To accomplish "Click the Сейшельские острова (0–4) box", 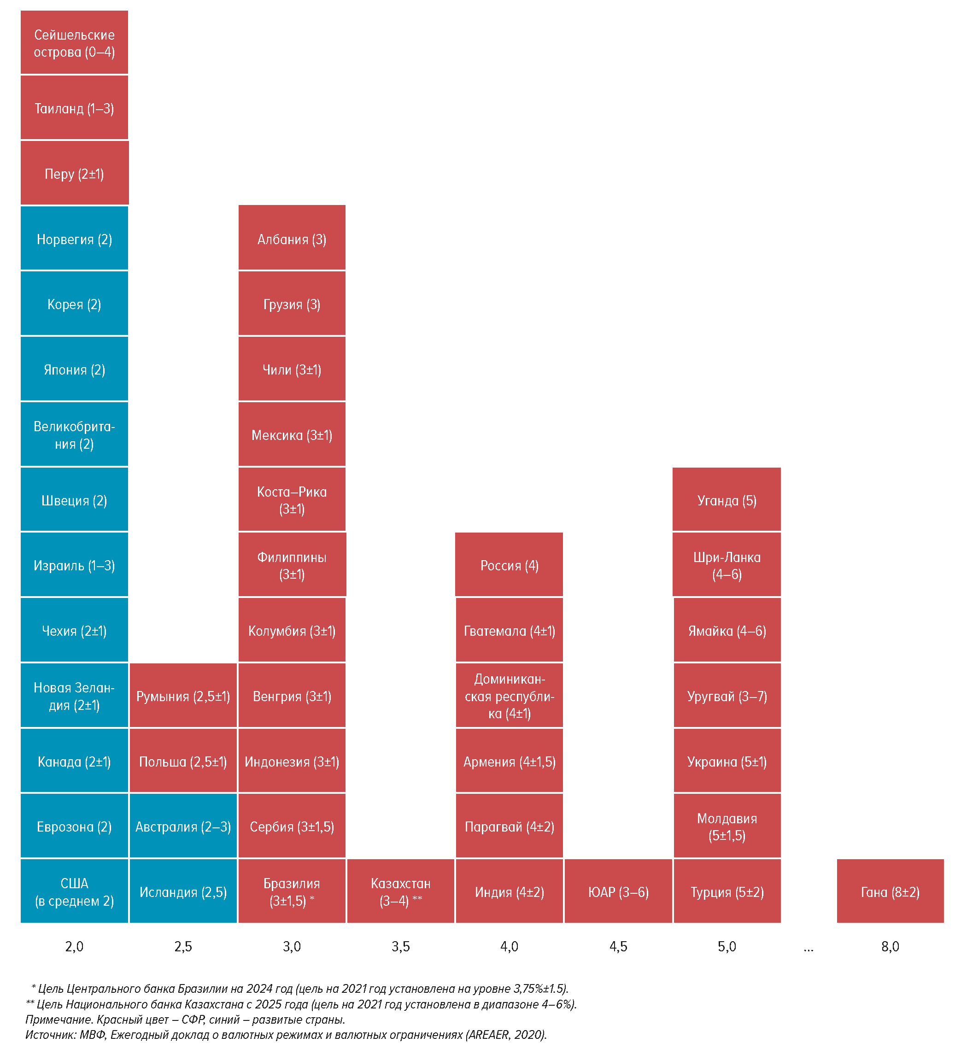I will coord(75,43).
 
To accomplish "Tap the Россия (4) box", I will coord(509,565).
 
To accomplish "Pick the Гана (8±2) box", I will coord(890,892).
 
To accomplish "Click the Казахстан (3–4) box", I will coord(400,892).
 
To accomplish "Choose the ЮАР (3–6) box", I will coord(618,892).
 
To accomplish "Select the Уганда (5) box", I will coord(727,500).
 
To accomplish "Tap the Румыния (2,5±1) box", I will coord(183,696).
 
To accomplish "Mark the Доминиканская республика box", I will coord(509,696).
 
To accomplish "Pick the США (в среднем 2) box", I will coord(75,892).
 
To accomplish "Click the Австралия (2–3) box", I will coord(183,826).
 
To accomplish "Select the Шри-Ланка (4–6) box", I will coord(727,565).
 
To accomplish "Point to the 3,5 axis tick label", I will coord(400,946).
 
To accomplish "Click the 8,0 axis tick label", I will coord(890,946).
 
